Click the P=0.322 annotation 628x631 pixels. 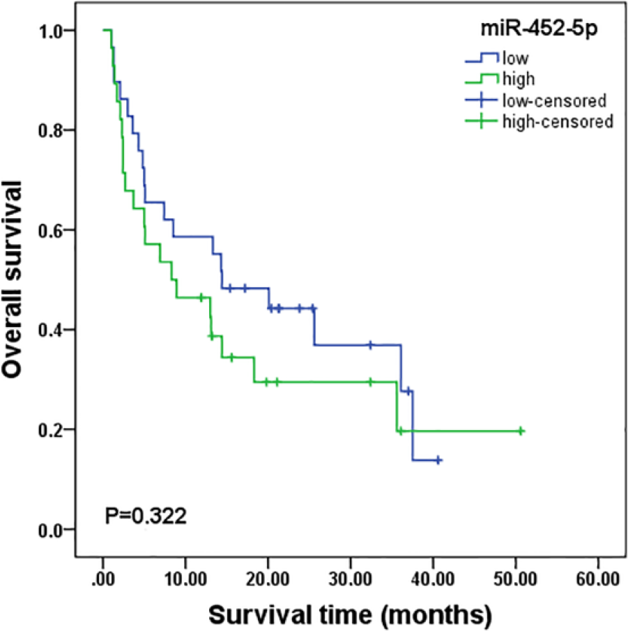pos(146,515)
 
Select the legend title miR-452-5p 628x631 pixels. pos(539,29)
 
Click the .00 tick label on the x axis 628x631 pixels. pos(103,579)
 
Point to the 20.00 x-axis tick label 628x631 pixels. pos(268,579)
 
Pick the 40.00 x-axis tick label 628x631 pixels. pos(433,579)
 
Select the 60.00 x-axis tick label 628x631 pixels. pos(598,579)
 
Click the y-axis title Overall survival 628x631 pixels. pos(12,280)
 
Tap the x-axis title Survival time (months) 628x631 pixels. pos(350,614)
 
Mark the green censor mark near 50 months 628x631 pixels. pos(521,431)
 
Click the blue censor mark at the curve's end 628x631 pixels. pos(438,460)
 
